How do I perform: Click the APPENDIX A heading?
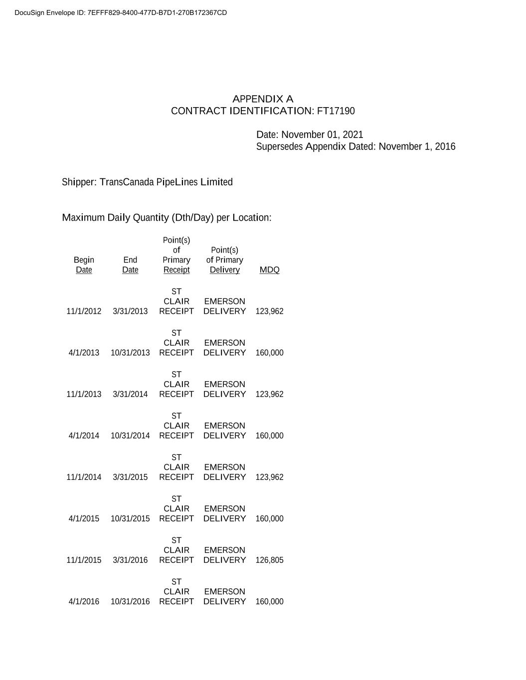[x=263, y=99]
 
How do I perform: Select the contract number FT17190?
[x=336, y=111]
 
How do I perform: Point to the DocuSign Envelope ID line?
[x=121, y=13]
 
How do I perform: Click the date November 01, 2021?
[x=322, y=135]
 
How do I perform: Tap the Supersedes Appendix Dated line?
[x=355, y=146]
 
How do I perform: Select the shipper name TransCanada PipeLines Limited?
[x=166, y=182]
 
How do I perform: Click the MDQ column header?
[x=269, y=270]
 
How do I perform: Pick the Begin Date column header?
[x=84, y=265]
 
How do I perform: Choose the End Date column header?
[x=130, y=265]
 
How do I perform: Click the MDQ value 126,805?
[x=269, y=560]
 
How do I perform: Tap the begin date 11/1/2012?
[x=84, y=311]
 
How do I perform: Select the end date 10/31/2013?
[x=130, y=353]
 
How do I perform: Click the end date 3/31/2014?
[x=130, y=395]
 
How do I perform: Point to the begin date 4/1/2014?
[x=84, y=436]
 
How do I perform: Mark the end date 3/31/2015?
[x=130, y=477]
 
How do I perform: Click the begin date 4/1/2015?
[x=84, y=519]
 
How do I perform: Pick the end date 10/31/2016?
[x=130, y=602]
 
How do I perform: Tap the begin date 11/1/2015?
[x=84, y=560]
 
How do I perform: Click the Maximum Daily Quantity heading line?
[x=167, y=218]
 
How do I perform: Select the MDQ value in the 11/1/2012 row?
[x=269, y=311]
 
